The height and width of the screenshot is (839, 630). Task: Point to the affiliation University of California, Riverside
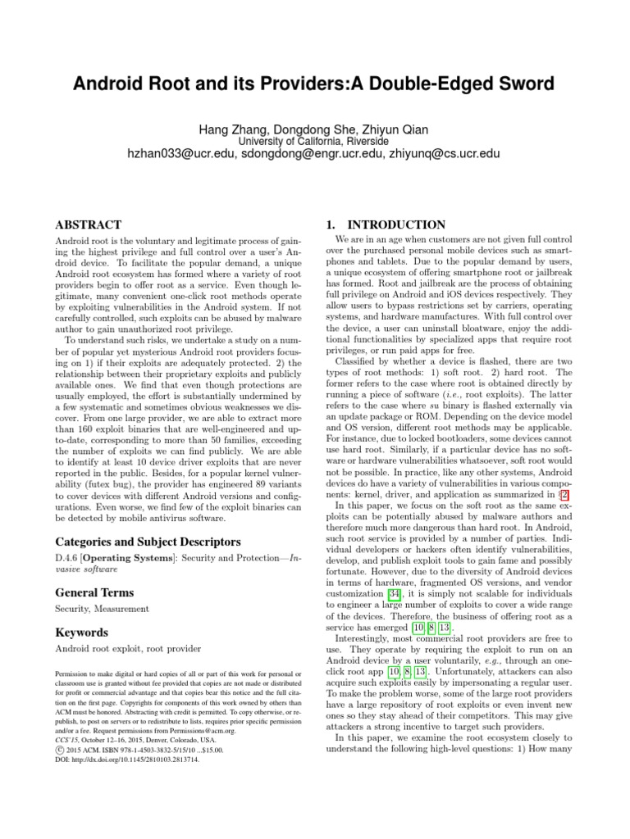(x=313, y=140)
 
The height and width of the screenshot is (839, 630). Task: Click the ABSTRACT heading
(x=88, y=224)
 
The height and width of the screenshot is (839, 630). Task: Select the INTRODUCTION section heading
(x=397, y=224)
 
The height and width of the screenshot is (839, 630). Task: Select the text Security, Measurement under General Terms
(x=102, y=609)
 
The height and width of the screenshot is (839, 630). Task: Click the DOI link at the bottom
(x=126, y=759)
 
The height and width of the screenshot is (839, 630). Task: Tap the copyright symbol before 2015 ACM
(x=58, y=748)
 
